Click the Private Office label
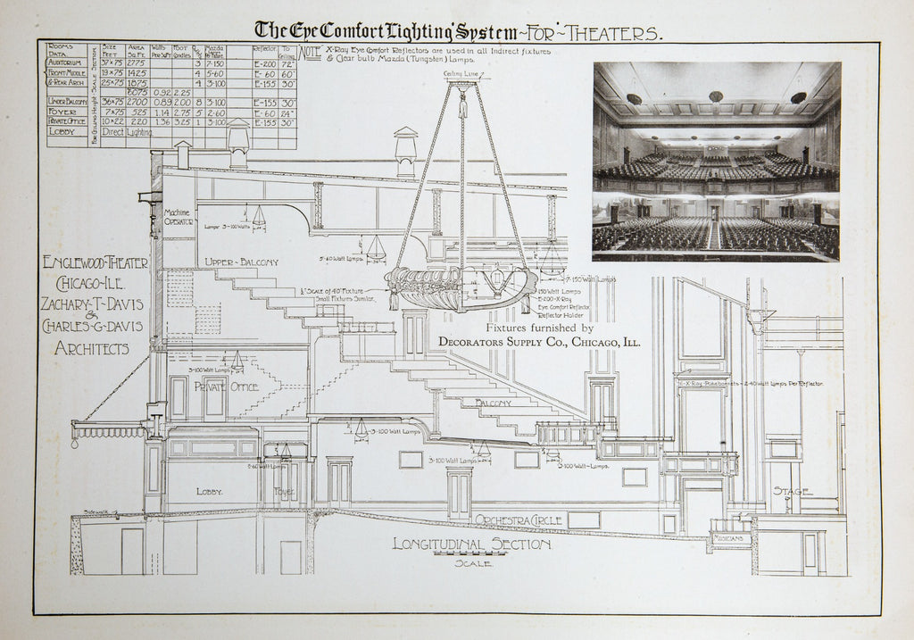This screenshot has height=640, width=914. coord(227,386)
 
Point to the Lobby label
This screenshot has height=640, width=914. coord(209,492)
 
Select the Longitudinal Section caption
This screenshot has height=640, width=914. coord(471,544)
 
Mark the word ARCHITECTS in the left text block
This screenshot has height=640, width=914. coord(91,349)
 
